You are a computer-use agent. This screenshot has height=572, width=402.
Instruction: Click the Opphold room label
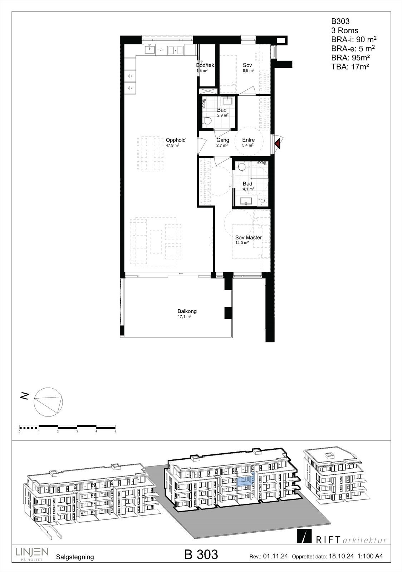175,140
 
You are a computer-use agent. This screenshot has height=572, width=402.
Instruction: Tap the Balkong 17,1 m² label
187,311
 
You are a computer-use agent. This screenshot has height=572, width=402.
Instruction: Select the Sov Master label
248,238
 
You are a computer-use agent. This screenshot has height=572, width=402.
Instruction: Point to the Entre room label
248,140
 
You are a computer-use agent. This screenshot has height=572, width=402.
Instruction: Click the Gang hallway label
222,140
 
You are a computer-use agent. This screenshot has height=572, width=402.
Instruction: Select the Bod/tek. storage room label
205,65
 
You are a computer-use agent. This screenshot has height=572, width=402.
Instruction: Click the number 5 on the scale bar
115,432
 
